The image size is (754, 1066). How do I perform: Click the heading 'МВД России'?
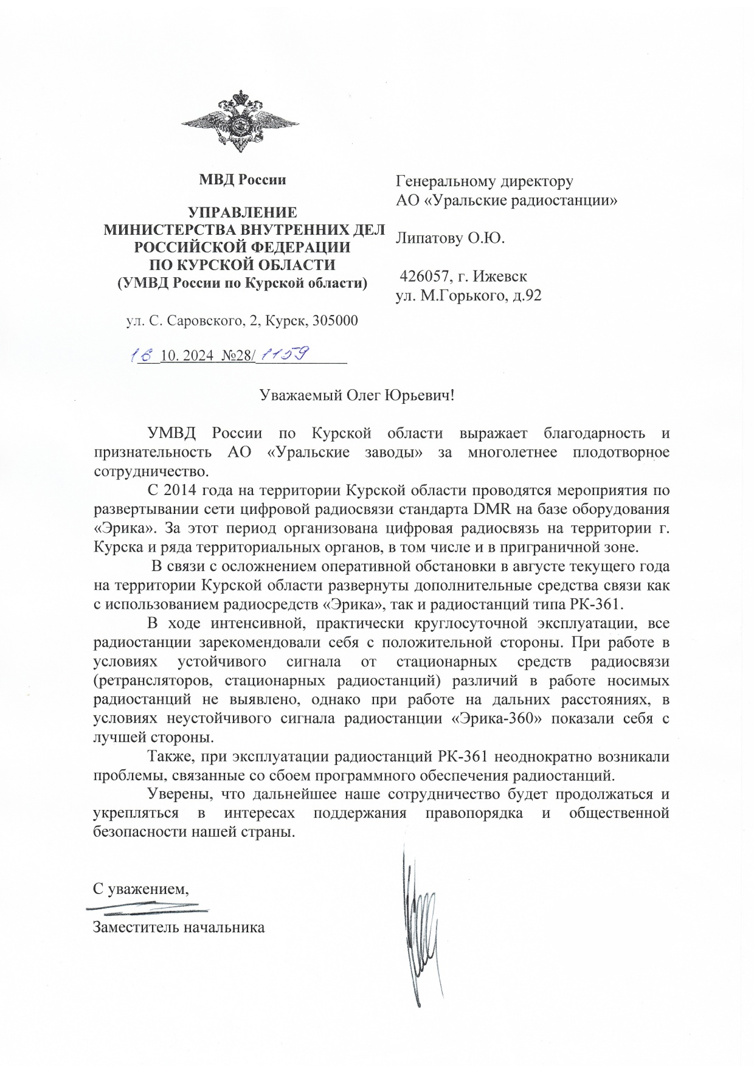point(243,180)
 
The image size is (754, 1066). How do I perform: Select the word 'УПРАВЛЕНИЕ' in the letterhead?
point(243,213)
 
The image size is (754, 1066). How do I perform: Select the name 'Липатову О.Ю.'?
point(450,238)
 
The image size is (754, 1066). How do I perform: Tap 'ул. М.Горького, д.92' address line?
point(468,296)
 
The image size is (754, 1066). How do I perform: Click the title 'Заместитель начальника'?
point(179,927)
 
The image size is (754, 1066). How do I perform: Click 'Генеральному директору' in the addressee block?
point(485,181)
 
